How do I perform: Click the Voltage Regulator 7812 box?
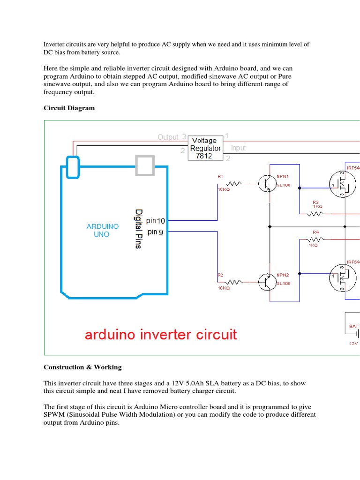[x=205, y=148]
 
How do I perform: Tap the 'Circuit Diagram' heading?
[x=69, y=108]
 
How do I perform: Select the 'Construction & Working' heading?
[x=82, y=367]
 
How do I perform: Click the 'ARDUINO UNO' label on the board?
[x=103, y=230]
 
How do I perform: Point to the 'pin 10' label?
[x=155, y=220]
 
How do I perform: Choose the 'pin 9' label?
[x=155, y=232]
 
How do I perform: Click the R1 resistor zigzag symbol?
[x=234, y=184]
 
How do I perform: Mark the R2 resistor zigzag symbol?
[x=234, y=282]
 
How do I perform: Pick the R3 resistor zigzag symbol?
[x=315, y=214]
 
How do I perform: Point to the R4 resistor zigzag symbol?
[x=315, y=239]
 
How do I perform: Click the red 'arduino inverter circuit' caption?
[x=161, y=335]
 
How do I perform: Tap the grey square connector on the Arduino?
[x=144, y=165]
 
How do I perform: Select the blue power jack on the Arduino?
[x=73, y=167]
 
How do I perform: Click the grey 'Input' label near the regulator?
[x=238, y=148]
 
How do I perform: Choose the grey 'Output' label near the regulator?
[x=168, y=137]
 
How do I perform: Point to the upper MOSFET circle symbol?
[x=340, y=184]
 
